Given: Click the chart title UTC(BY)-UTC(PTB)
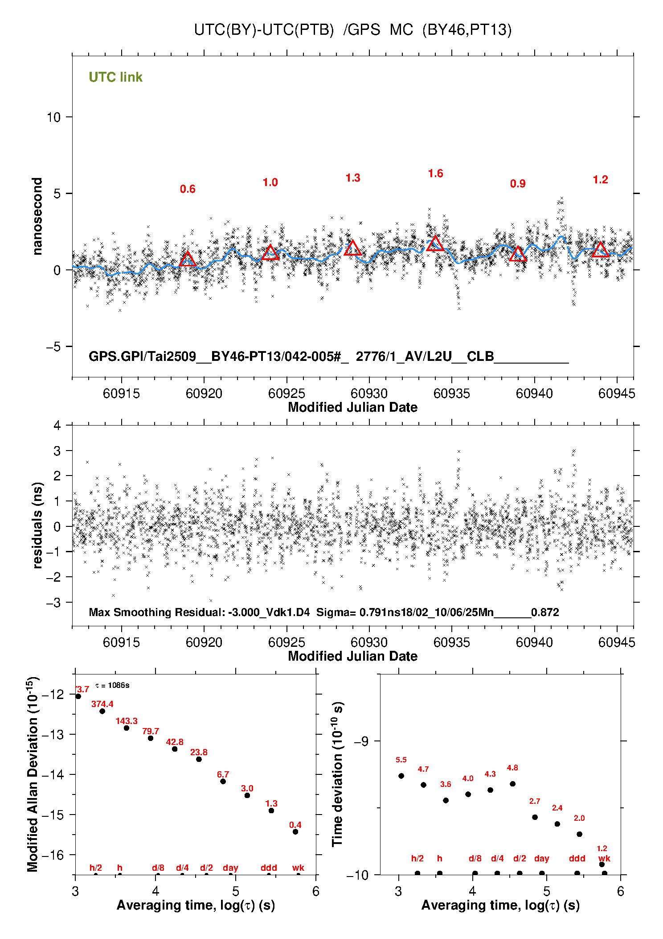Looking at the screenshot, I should click(x=264, y=30).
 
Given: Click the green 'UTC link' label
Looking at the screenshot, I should click(x=115, y=77).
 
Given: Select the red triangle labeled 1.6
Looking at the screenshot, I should click(x=435, y=244).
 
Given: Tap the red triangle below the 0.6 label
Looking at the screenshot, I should click(x=188, y=259).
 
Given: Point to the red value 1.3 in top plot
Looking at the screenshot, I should click(x=352, y=178).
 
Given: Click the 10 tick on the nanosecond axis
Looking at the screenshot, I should click(x=53, y=117).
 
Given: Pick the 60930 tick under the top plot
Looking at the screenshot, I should click(x=369, y=393).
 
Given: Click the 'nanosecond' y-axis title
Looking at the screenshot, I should click(x=37, y=216).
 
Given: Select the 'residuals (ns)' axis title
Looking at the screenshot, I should click(x=37, y=525).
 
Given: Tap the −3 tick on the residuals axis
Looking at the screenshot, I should click(x=53, y=603).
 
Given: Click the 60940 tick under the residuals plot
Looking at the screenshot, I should click(x=534, y=642).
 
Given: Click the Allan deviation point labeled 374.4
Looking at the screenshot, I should click(x=102, y=711).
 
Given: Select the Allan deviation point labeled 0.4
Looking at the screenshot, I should click(x=295, y=831).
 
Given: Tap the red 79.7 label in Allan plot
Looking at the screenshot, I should click(x=151, y=731).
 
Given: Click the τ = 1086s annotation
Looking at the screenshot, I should click(x=112, y=685).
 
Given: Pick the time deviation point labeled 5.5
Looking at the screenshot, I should click(x=401, y=776).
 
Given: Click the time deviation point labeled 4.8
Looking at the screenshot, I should click(x=512, y=784).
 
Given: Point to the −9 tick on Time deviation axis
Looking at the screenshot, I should click(x=361, y=741).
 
